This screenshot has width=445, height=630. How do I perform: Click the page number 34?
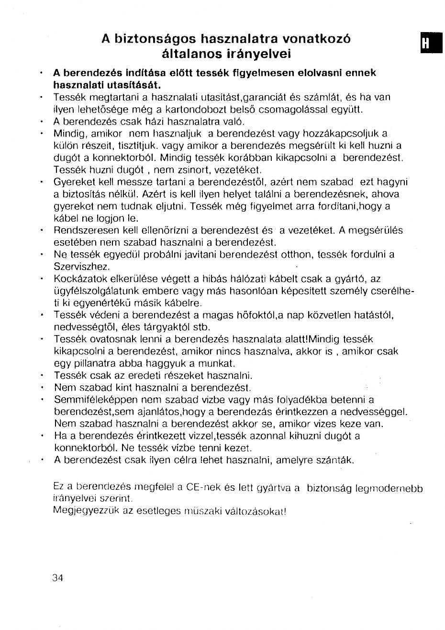point(57,577)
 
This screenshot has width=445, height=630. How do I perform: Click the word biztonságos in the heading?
point(154,39)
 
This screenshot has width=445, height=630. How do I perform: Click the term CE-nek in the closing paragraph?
point(203,488)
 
